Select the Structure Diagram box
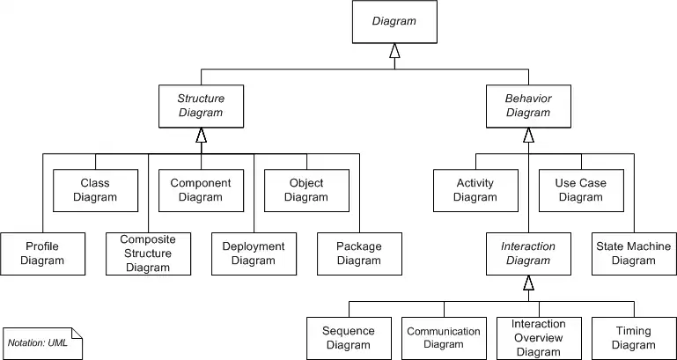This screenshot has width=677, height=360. (202, 106)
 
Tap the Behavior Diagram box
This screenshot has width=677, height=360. (528, 106)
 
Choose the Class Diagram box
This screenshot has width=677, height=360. (95, 190)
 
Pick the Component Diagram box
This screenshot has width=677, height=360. (201, 190)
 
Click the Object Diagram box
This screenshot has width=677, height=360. (306, 190)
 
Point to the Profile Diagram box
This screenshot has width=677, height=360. (42, 253)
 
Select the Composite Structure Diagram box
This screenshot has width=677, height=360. (148, 253)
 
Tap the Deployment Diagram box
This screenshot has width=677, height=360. (254, 253)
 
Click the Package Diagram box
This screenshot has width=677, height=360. (359, 253)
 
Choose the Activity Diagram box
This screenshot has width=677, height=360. (475, 190)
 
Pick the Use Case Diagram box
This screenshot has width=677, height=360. (581, 190)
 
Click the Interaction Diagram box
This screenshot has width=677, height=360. (528, 253)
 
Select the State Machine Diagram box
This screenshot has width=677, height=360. (634, 253)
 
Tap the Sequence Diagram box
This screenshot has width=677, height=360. (349, 338)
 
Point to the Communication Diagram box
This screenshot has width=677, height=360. (444, 338)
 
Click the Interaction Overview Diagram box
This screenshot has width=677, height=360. (539, 338)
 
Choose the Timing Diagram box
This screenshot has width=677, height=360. (634, 338)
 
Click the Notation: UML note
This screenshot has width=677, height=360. (42, 342)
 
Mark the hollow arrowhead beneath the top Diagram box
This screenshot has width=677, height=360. (394, 53)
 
